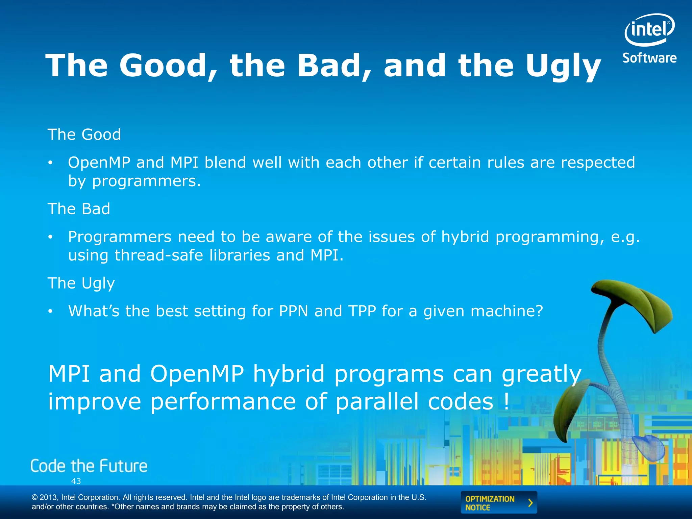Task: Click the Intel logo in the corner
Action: [x=649, y=30]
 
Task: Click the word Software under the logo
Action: [x=649, y=58]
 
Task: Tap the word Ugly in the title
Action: [x=563, y=66]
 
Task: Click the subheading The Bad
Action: [x=79, y=209]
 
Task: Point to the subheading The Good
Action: [x=84, y=134]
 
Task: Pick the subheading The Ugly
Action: [x=81, y=283]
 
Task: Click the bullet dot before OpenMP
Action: [x=50, y=163]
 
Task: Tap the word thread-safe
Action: [x=158, y=255]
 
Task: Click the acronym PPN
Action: [x=293, y=311]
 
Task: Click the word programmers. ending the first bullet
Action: [x=146, y=181]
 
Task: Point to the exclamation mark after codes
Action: [x=506, y=401]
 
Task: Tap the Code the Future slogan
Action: [x=89, y=466]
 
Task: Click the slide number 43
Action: [x=76, y=481]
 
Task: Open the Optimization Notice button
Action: [x=498, y=503]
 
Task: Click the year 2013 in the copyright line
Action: [x=49, y=497]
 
